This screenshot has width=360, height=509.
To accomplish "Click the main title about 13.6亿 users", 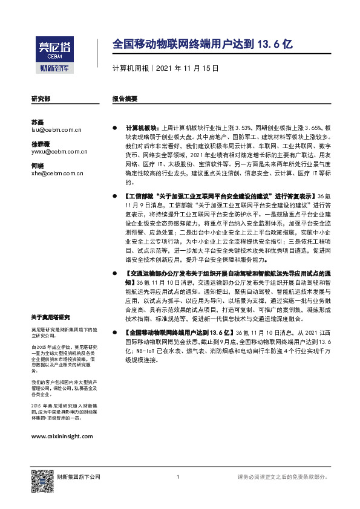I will pos(203,44).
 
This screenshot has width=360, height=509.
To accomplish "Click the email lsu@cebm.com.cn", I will pos(56,130).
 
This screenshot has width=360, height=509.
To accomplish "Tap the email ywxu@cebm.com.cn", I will pos(59,152).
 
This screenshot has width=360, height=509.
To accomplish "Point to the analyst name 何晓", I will pos(38,166).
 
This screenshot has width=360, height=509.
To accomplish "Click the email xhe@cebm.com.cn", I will pos(57,173).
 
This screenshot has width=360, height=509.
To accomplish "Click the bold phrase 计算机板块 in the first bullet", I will pos(140,129).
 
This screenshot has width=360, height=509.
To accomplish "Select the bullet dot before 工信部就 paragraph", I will pos(114,197).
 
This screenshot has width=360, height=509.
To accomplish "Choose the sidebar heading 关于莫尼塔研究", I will pos(51,317).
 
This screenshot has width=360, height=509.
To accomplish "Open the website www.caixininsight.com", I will pos(62,436).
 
